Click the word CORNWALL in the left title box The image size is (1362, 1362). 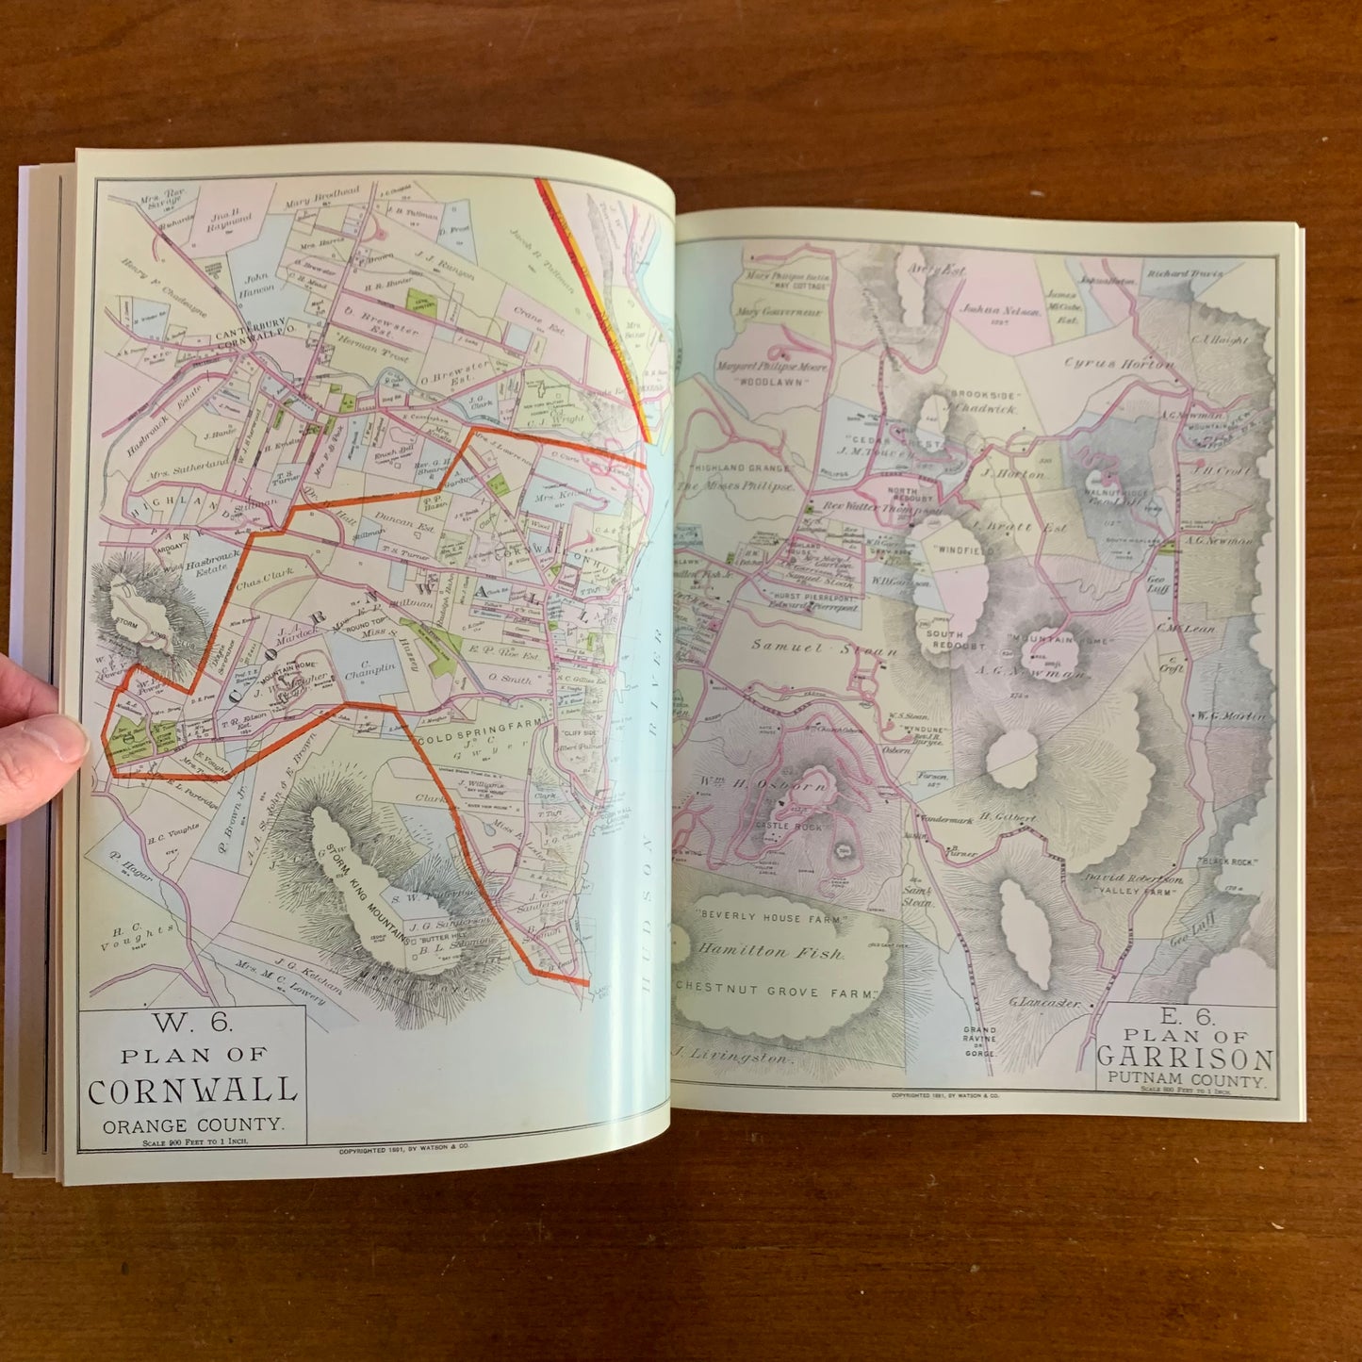tap(192, 1091)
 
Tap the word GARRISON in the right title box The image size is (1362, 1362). tap(1185, 1058)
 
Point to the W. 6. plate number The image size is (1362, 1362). tap(192, 1024)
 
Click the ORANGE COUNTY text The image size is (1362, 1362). tap(192, 1124)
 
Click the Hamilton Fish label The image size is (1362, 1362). tap(771, 952)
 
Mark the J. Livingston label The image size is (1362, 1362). tap(730, 1057)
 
